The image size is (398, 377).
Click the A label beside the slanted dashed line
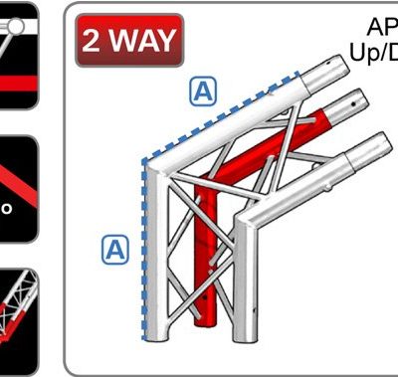[202, 92]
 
